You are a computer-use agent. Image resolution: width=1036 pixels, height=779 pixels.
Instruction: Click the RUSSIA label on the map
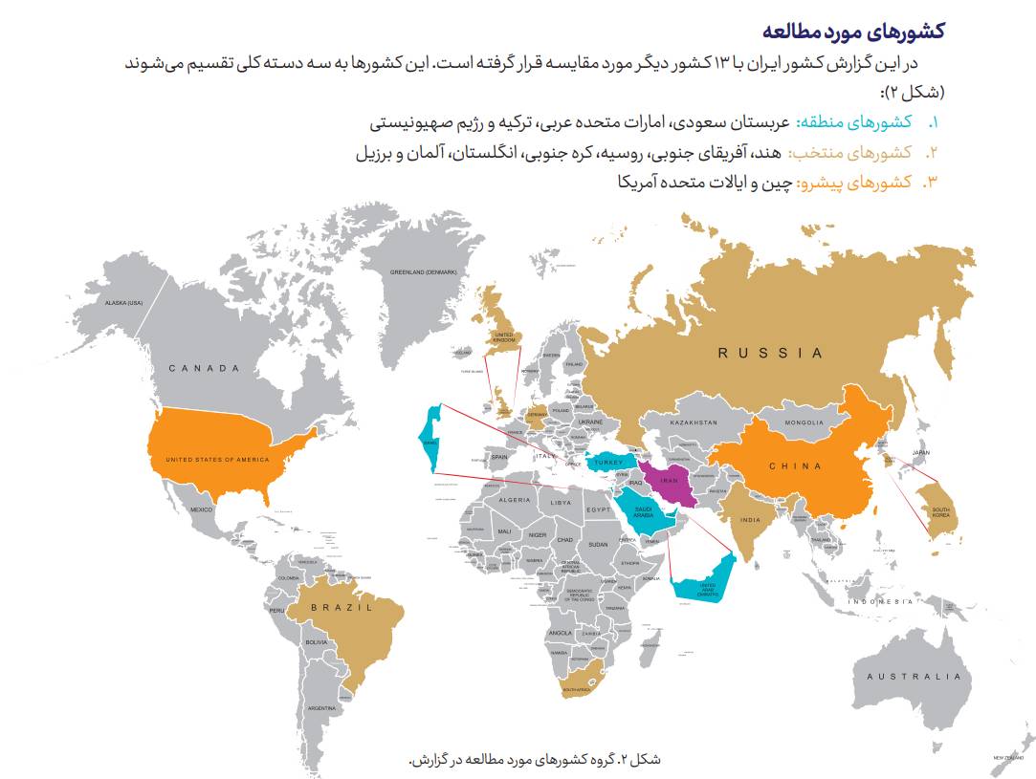click(x=770, y=353)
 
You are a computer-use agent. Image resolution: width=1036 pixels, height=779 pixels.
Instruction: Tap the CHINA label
click(x=795, y=466)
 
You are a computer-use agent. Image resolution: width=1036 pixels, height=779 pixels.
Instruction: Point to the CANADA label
click(x=204, y=368)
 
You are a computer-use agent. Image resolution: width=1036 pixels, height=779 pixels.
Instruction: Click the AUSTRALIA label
click(x=913, y=677)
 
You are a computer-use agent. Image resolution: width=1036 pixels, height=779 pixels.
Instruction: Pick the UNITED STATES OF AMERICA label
click(x=218, y=460)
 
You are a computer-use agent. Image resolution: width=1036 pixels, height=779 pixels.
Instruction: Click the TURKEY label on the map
click(x=608, y=463)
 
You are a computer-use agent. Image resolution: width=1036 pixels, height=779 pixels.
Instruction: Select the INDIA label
click(x=749, y=521)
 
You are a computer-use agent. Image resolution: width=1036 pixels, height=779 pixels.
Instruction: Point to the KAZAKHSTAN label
click(x=694, y=422)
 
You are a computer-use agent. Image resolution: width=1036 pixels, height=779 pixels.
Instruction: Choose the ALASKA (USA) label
click(x=123, y=303)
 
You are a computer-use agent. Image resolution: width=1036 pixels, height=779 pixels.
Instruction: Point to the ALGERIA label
click(x=514, y=500)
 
